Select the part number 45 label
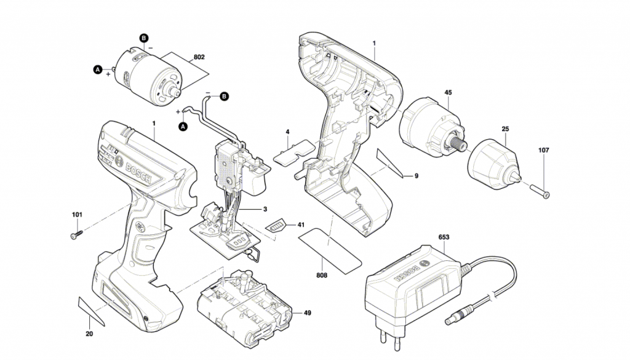(448, 93)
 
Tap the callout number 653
(444, 237)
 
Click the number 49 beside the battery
(307, 313)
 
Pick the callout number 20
(89, 335)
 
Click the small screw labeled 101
(77, 235)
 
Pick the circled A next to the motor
(97, 70)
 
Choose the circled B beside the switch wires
(224, 96)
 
